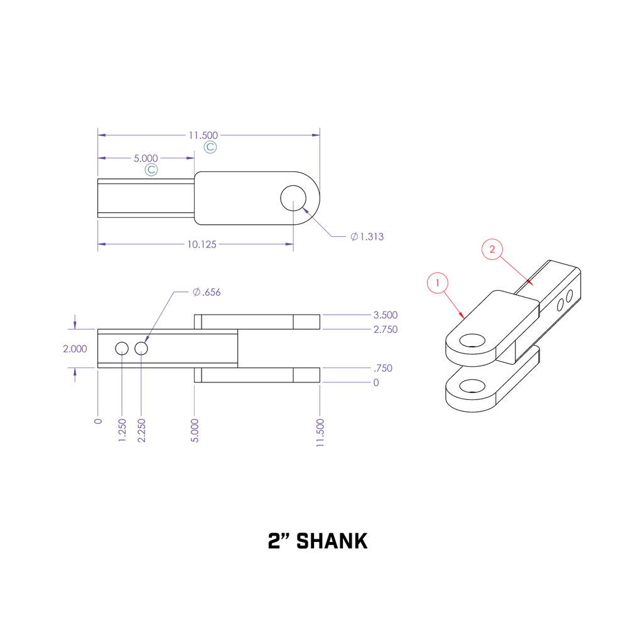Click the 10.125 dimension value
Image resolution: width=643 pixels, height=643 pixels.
tap(202, 244)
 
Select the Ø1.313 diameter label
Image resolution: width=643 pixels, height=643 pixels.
tap(367, 237)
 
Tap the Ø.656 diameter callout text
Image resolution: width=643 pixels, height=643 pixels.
tap(207, 292)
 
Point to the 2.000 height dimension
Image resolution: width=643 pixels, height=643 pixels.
tap(75, 349)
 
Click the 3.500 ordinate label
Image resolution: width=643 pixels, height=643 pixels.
tap(385, 315)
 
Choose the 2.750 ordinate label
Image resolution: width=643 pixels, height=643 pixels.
tap(385, 329)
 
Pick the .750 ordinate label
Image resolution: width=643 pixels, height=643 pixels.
tap(382, 368)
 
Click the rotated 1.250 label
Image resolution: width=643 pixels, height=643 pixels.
tap(122, 430)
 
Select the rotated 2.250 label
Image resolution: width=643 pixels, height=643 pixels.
tap(141, 430)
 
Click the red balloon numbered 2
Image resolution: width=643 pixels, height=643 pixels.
tap(492, 249)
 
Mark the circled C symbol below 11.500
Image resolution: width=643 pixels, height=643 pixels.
tap(211, 147)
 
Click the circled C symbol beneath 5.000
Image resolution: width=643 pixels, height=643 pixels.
tap(151, 170)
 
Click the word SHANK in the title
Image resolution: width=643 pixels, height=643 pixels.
tap(332, 541)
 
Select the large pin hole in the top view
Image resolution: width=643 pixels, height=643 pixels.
tap(293, 198)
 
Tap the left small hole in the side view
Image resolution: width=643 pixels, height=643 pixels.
tap(122, 348)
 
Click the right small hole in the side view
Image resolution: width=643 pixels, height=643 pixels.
tap(141, 348)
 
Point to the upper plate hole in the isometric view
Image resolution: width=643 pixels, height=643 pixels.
tap(472, 341)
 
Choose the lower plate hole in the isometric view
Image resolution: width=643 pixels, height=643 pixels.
tap(472, 385)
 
